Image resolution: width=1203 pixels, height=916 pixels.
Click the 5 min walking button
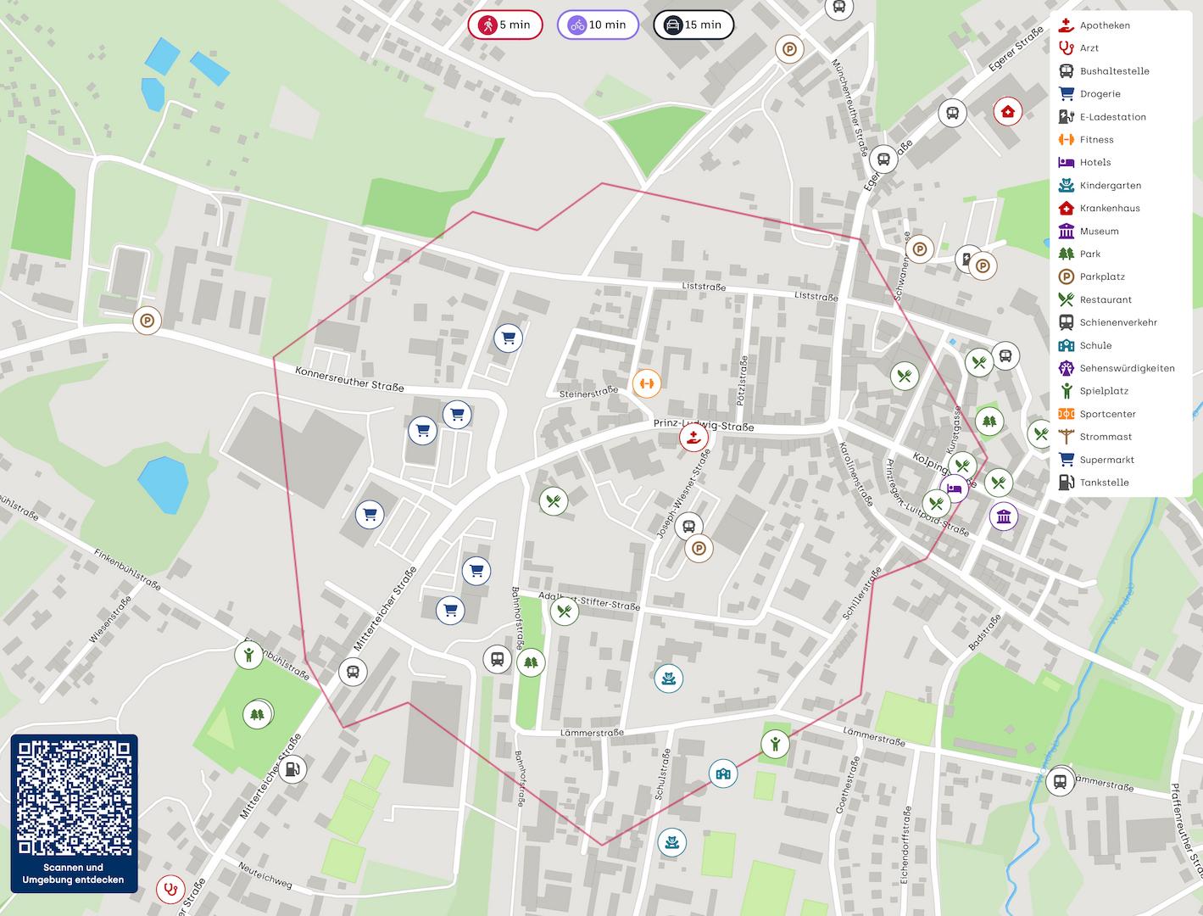(x=505, y=25)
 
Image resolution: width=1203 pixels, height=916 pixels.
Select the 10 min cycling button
(x=599, y=25)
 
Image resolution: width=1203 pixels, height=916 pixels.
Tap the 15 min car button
(x=693, y=25)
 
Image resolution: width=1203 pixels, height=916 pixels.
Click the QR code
(x=75, y=798)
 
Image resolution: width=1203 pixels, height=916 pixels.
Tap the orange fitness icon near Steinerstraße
(x=647, y=383)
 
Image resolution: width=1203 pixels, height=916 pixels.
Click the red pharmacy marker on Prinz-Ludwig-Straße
(x=693, y=438)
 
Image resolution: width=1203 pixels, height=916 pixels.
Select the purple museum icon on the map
(x=1004, y=516)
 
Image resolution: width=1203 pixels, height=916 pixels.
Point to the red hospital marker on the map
(x=1007, y=111)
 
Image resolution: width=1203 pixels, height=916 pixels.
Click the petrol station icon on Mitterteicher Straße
(x=292, y=769)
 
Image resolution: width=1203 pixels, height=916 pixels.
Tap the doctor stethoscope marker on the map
(x=171, y=890)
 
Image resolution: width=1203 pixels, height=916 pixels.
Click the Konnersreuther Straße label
(x=349, y=378)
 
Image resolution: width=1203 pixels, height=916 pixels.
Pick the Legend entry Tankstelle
(x=1104, y=483)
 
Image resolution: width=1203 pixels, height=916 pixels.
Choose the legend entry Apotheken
(x=1104, y=25)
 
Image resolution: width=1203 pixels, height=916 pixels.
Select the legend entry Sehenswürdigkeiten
(x=1126, y=368)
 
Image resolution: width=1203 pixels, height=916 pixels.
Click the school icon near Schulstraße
(x=722, y=774)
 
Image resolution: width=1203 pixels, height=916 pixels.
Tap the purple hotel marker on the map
(x=955, y=489)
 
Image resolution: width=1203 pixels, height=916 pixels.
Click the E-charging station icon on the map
(x=967, y=258)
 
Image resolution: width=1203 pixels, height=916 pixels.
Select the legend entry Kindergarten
(x=1110, y=185)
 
